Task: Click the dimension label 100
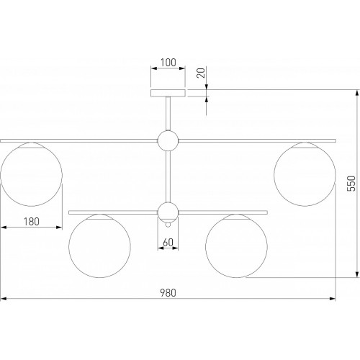click(x=168, y=63)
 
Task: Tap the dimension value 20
click(x=201, y=73)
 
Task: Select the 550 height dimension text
click(x=351, y=184)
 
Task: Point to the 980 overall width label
click(x=168, y=293)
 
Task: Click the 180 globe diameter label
click(x=32, y=222)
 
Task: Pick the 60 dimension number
click(x=168, y=243)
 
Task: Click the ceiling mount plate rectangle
click(x=168, y=93)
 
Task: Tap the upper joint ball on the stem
click(x=168, y=140)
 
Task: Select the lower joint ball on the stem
click(x=168, y=212)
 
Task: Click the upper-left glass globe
click(x=1, y=175)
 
